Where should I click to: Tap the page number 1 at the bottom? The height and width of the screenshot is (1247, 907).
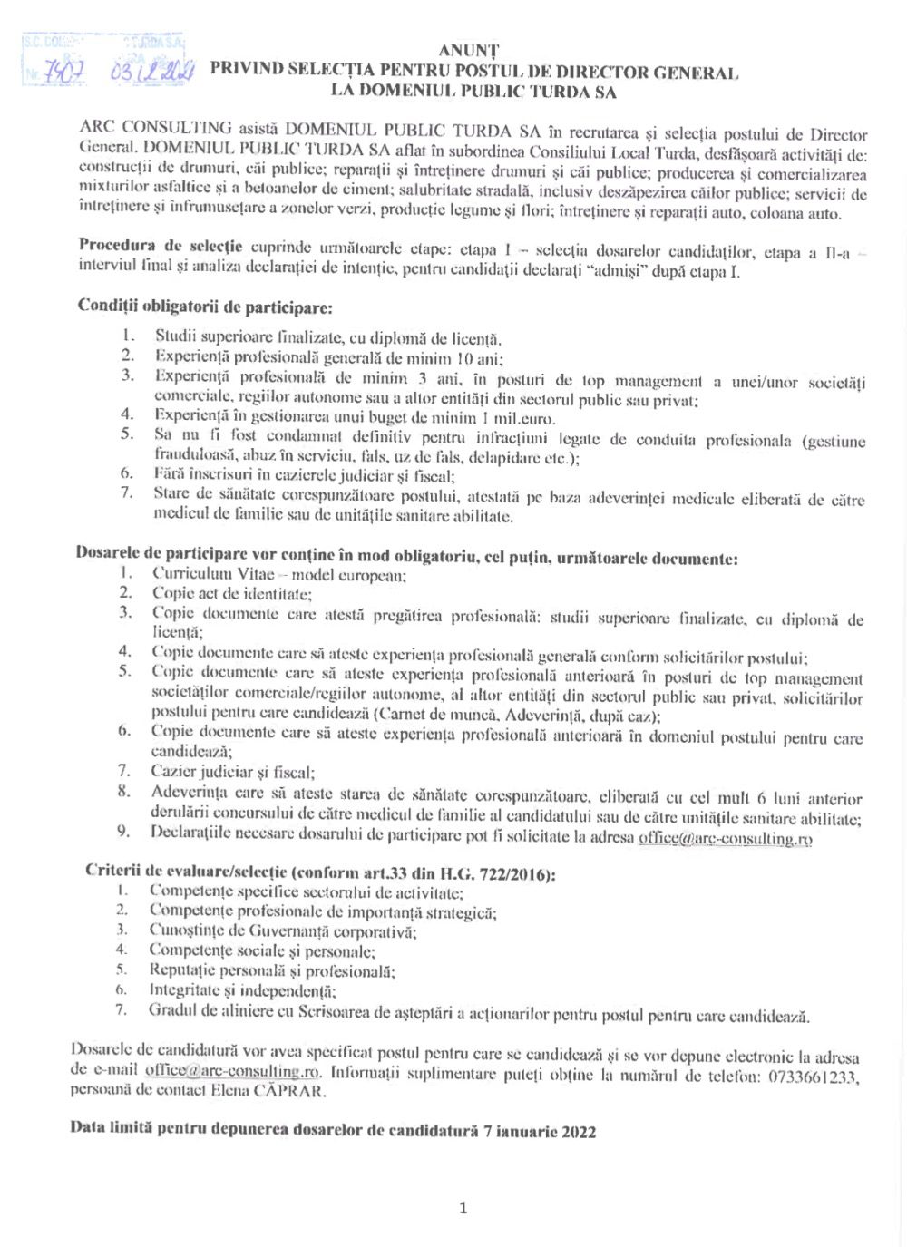(x=463, y=1207)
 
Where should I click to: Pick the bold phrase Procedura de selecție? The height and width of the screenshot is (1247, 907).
(x=161, y=246)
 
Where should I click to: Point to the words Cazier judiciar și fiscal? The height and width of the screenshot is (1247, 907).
(x=232, y=772)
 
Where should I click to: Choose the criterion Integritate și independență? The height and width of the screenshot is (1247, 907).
(x=243, y=991)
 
